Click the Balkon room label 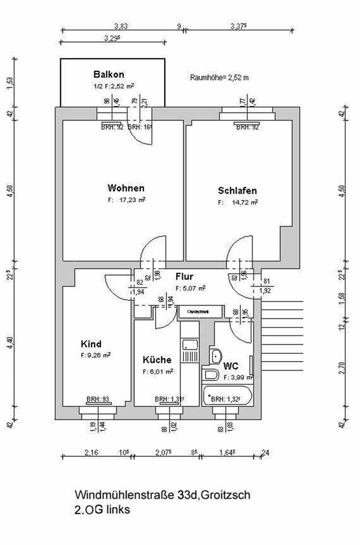point(108,74)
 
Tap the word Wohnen point(125,188)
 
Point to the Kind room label point(91,344)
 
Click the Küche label point(157,359)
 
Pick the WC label point(231,366)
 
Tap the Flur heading point(185,278)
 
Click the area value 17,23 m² point(131,200)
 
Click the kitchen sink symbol point(188,345)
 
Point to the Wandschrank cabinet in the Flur point(196,311)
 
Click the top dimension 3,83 point(120,26)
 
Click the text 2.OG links point(102,510)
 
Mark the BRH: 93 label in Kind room point(98,399)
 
